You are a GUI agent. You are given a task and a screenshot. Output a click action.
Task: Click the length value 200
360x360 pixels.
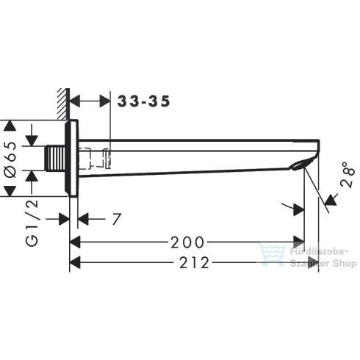185,242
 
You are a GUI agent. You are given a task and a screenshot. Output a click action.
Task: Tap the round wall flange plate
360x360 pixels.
71,158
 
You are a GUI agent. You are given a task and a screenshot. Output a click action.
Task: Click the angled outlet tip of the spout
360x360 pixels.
304,159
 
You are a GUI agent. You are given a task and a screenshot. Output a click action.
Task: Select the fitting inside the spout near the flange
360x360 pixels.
98,156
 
